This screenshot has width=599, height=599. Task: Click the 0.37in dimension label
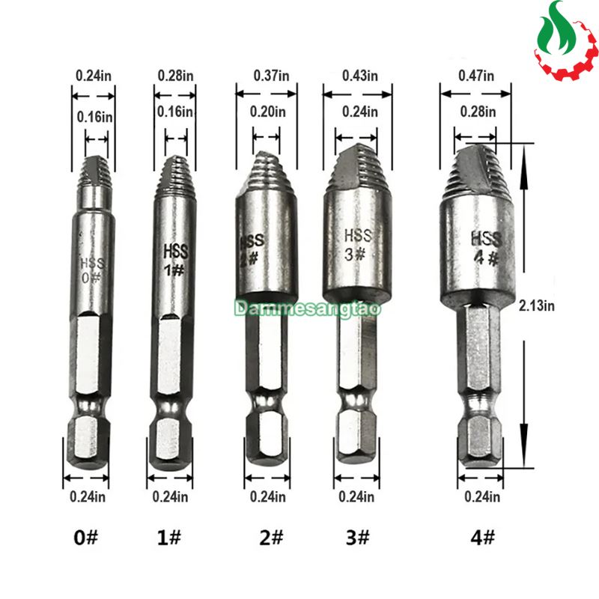(x=271, y=76)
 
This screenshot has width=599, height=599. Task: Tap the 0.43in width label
(x=360, y=76)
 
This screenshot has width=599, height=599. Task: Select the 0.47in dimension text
(x=476, y=76)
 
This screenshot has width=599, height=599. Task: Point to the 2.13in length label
(x=536, y=305)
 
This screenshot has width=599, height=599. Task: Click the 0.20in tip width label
(x=267, y=112)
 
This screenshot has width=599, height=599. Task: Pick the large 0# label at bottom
(x=85, y=538)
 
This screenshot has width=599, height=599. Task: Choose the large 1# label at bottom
(x=169, y=538)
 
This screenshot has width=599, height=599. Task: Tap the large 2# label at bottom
(x=271, y=538)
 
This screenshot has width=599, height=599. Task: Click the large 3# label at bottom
(x=358, y=538)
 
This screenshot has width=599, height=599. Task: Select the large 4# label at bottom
(x=482, y=538)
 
